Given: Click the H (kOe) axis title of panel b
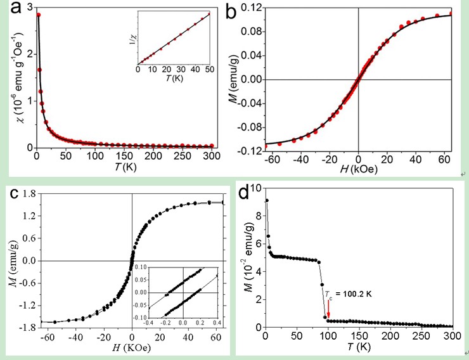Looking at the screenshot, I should (x=359, y=174).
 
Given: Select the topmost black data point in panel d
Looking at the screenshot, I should (x=267, y=200).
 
